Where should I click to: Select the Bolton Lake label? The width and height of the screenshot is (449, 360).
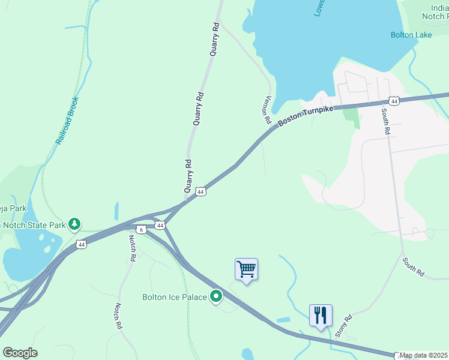[411, 35]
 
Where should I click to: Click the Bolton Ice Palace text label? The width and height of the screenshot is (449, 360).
[174, 296]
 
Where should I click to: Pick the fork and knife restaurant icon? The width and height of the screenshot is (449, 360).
[321, 315]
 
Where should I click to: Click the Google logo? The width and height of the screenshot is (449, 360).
[20, 353]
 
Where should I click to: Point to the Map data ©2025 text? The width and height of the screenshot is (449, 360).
[423, 355]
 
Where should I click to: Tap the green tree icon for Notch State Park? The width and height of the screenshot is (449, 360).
[74, 224]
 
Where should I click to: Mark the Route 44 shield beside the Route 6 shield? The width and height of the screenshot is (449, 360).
[159, 225]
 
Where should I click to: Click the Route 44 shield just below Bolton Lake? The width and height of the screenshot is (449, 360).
[394, 101]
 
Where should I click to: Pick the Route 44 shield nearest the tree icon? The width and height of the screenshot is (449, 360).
[82, 244]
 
